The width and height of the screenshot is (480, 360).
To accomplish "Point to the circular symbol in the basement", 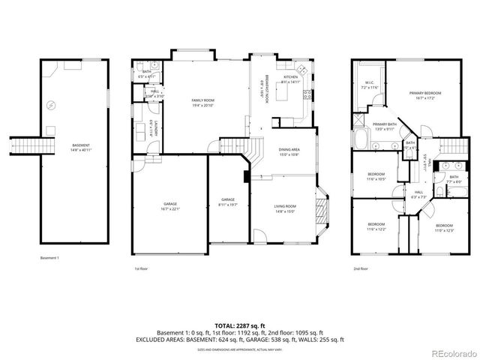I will click(51, 106).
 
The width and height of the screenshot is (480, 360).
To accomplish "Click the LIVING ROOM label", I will click(284, 208).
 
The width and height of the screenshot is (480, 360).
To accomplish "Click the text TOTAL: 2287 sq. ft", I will click(239, 325).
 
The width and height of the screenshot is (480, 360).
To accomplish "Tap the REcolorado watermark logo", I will click(451, 353).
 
